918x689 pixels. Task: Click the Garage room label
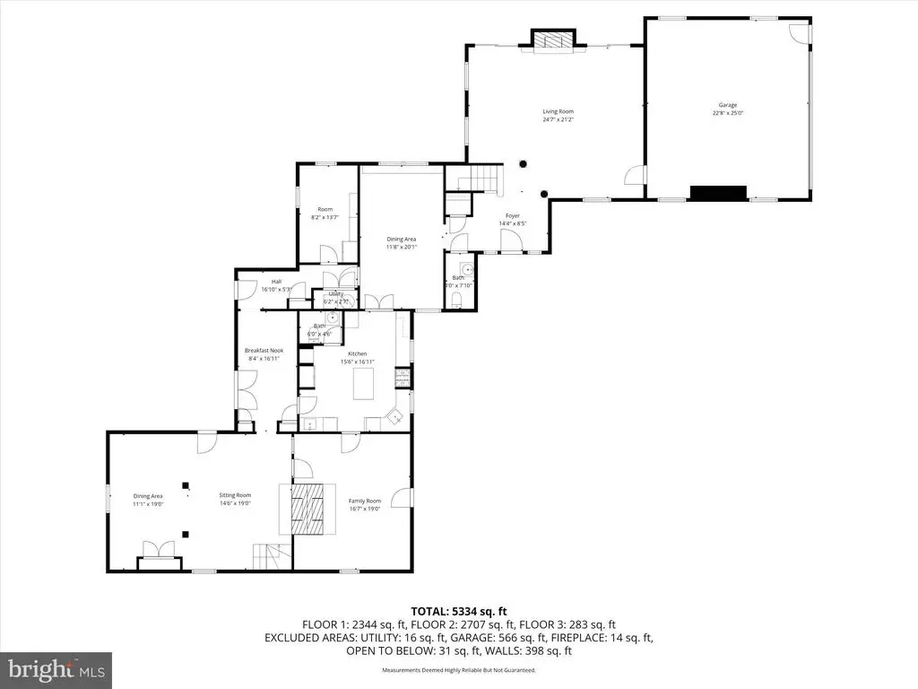point(727,105)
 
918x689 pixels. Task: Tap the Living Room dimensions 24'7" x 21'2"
point(558,119)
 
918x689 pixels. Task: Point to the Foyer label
point(512,215)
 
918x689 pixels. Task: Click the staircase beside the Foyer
point(480,179)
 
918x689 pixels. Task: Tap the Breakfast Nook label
point(263,351)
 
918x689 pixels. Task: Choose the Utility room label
point(335,293)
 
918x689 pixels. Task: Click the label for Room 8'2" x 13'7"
point(325,209)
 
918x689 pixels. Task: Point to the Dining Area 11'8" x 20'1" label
point(402,239)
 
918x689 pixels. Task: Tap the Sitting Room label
point(236,495)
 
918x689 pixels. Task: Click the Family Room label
point(365,501)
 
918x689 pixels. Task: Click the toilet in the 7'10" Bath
point(458,303)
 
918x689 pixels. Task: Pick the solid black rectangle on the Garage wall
point(717,192)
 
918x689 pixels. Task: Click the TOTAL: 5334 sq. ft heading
point(458,611)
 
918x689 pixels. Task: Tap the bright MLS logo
point(56,669)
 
